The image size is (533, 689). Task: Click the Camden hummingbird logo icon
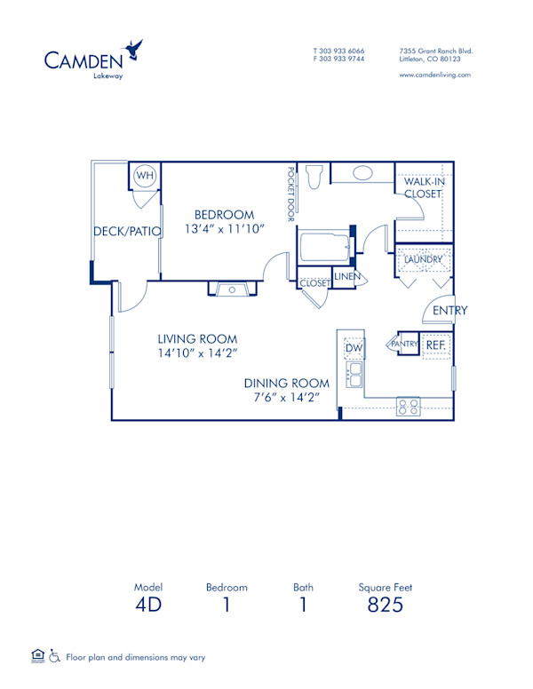135,50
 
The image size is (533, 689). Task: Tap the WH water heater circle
144,177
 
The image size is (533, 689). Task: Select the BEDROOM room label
225,215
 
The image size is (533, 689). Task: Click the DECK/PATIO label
127,232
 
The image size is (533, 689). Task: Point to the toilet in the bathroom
313,177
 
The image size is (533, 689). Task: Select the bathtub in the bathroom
324,247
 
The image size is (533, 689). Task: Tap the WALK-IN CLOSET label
423,187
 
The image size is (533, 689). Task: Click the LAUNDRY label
423,259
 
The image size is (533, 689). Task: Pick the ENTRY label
449,310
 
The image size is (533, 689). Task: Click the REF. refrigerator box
434,344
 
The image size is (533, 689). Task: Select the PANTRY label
404,344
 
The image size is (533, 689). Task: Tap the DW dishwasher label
354,348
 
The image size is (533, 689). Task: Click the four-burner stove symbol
408,407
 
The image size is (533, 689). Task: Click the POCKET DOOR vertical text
290,194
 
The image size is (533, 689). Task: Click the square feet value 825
385,605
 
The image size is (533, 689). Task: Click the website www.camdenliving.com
435,75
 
